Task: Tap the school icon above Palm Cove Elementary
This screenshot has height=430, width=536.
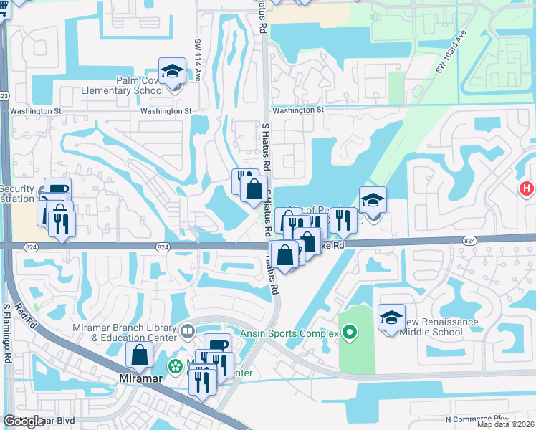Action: (172, 71)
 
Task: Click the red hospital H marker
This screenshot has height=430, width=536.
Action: (527, 188)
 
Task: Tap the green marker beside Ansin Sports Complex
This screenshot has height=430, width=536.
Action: (350, 333)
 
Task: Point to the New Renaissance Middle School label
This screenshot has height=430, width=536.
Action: (439, 327)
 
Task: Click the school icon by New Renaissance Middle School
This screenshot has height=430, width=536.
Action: (391, 317)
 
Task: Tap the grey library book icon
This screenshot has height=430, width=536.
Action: (188, 332)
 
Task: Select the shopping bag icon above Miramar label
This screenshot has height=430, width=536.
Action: (139, 355)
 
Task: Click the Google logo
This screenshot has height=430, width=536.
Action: (24, 421)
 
